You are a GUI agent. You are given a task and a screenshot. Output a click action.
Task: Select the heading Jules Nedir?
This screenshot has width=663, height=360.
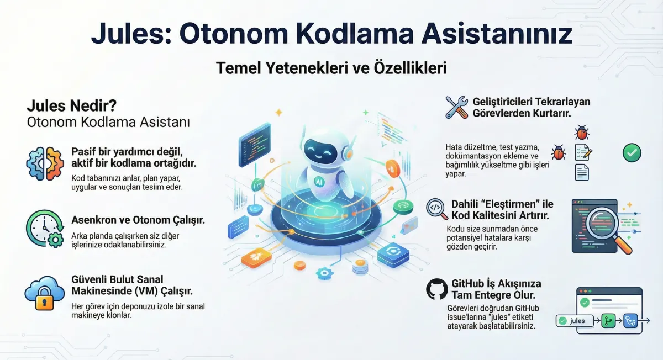(x=72, y=105)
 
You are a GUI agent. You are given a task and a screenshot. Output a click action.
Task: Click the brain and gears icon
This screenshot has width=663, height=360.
(x=45, y=163)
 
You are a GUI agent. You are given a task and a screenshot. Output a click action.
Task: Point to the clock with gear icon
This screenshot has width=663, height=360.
(x=45, y=229)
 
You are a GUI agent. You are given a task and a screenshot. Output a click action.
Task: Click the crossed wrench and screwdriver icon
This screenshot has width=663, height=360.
(x=457, y=107)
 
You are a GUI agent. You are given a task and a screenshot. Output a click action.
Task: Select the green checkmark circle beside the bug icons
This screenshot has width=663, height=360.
(x=632, y=152)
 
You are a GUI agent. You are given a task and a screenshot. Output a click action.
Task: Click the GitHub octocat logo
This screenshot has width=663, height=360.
(x=437, y=289)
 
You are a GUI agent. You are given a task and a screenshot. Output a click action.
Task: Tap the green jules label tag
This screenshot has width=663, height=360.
(x=575, y=321)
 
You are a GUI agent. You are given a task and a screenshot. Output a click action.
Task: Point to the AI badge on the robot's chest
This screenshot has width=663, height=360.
(x=319, y=182)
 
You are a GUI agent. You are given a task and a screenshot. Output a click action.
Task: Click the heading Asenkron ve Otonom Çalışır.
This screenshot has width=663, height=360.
(x=138, y=220)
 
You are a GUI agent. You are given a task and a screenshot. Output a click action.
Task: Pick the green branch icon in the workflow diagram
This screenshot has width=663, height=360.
(x=608, y=321)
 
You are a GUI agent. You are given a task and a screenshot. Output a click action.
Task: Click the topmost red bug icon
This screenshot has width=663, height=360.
(x=582, y=132)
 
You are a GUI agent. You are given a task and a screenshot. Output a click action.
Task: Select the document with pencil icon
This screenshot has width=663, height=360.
(x=583, y=152)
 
